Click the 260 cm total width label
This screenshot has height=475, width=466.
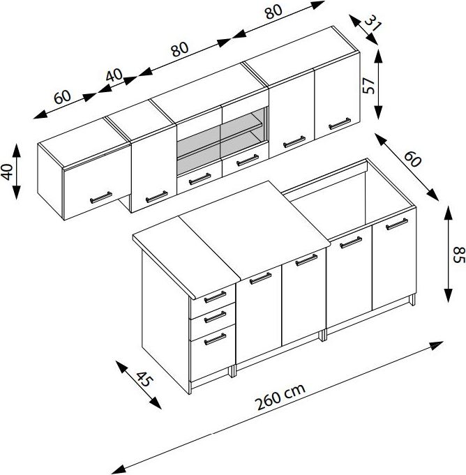click(x=280, y=397)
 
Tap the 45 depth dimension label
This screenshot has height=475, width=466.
click(x=144, y=379)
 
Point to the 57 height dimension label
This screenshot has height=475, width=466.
click(x=369, y=85)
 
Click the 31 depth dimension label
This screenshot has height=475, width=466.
click(x=373, y=23)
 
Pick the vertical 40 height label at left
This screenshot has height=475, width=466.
click(x=7, y=172)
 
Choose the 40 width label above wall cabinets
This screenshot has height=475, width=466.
click(x=114, y=75)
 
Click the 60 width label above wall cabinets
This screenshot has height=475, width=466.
click(x=62, y=96)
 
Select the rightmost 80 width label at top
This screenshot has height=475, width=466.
click(x=273, y=12)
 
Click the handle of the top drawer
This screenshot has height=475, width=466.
click(x=215, y=297)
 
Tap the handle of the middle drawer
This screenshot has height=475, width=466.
click(x=215, y=317)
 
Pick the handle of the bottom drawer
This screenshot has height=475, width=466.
click(x=215, y=339)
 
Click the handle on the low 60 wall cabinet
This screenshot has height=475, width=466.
click(x=101, y=197)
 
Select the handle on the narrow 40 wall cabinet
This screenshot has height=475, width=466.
click(x=157, y=197)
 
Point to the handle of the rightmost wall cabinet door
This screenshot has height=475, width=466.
click(x=340, y=123)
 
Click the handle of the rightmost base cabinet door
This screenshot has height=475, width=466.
click(x=397, y=224)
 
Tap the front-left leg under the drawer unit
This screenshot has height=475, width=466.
click(x=190, y=388)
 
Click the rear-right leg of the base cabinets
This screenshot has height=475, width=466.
click(x=412, y=300)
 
